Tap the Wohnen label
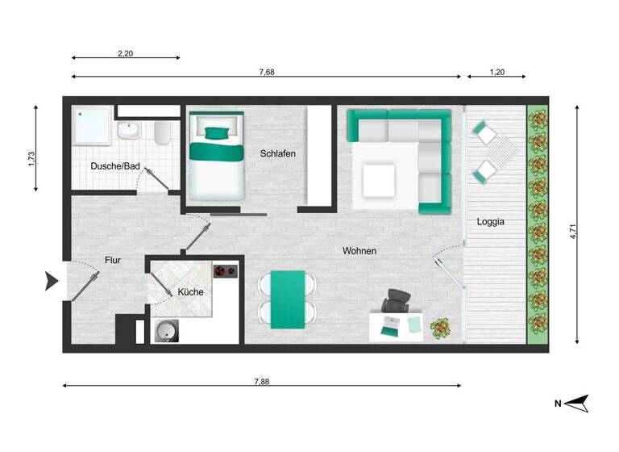pos(359,251)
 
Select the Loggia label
pos(491,221)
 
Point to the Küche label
pos(190,291)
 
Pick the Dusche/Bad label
pos(115,166)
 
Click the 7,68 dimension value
pos(266,72)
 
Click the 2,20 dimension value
pos(125,53)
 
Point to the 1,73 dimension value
pos(31,158)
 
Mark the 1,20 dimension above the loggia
pos(496,72)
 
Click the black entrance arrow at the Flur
pos(52,282)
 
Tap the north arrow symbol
pos(577,403)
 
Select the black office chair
pos(397,300)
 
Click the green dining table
pos(288,299)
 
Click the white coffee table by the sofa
pos(378,180)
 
